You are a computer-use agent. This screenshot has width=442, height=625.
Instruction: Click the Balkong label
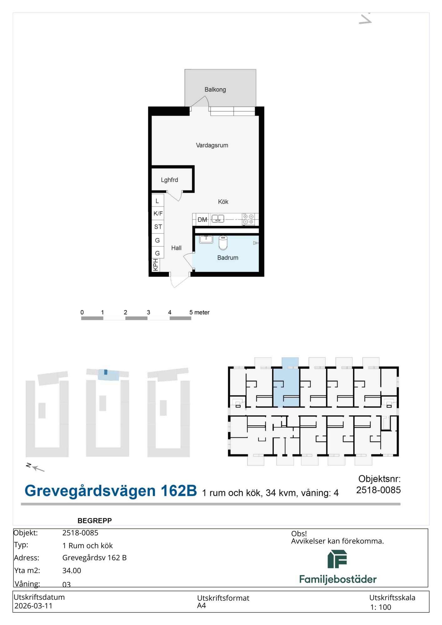coord(215,90)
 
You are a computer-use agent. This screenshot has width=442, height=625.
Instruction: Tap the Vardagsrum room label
coord(212,145)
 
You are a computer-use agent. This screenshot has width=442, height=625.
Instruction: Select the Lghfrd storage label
coord(170,180)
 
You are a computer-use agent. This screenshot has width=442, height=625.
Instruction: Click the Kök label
coord(223,202)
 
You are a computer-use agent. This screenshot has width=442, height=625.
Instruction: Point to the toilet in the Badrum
coord(223,243)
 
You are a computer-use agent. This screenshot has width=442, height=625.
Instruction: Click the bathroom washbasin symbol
coord(206,239)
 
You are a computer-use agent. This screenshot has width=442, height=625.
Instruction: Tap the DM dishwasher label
coord(202,220)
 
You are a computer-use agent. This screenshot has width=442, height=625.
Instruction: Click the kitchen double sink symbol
coord(218,219)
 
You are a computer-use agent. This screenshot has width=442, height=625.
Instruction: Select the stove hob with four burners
coord(248,219)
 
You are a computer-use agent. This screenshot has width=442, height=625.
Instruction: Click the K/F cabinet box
coord(158,213)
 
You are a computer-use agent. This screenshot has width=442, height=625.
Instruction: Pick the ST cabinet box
coord(158,227)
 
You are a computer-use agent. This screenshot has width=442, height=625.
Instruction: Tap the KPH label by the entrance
coord(155,265)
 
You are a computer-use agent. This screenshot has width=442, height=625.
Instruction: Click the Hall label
coord(176,248)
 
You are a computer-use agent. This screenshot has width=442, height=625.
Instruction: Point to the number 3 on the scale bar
coord(148,312)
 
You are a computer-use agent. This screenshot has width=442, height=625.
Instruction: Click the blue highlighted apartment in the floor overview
coord(286,387)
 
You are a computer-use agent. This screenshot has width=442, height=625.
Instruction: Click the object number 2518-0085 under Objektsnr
coord(378,490)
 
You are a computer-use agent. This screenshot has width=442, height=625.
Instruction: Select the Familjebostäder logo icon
coord(337,559)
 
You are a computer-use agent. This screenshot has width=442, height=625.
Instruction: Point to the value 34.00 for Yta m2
coord(72,571)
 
